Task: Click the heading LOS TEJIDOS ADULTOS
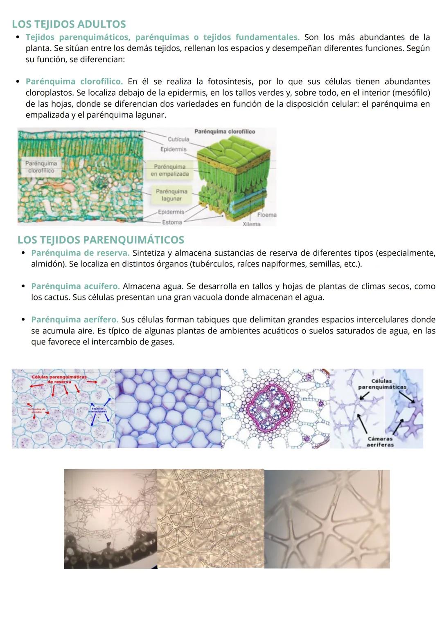click(x=69, y=25)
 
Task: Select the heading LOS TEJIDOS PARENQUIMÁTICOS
click(x=101, y=240)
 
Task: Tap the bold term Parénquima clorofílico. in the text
click(x=74, y=82)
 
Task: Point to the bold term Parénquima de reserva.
click(x=80, y=253)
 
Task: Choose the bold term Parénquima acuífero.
click(x=75, y=286)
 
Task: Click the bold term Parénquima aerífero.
click(x=75, y=320)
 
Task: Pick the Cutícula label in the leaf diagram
click(x=178, y=139)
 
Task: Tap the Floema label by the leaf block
click(x=267, y=215)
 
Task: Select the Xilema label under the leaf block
click(x=251, y=224)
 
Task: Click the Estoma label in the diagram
click(x=172, y=222)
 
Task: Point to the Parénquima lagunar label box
click(x=171, y=195)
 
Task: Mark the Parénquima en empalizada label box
click(x=170, y=170)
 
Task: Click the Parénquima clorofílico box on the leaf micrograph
click(x=41, y=167)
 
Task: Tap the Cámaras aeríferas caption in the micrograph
click(x=380, y=442)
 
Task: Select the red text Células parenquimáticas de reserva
click(x=59, y=379)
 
